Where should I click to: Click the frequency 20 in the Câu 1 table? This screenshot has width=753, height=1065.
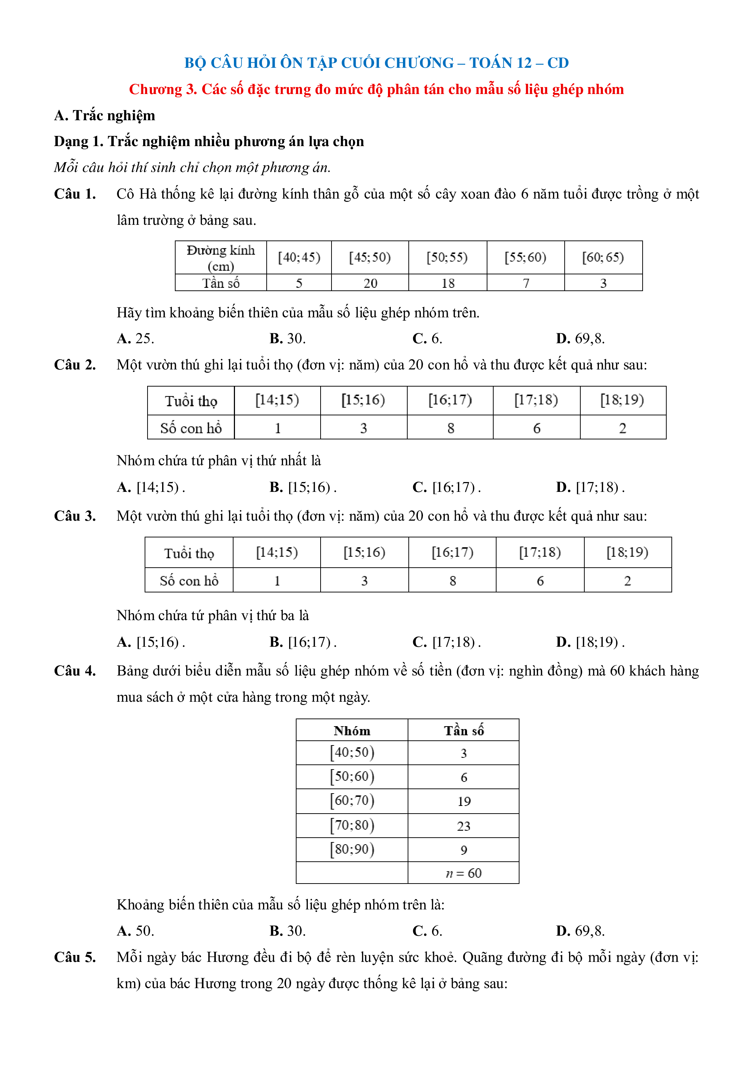[370, 283]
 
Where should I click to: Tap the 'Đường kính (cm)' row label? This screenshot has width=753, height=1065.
[221, 258]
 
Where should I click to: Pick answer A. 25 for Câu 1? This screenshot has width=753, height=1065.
[136, 338]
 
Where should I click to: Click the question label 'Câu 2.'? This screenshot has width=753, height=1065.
[75, 365]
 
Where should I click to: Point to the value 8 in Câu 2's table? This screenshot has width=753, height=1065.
[450, 428]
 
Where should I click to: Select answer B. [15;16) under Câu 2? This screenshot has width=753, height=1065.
[303, 487]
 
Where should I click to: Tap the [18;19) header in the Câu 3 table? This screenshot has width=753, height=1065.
[627, 552]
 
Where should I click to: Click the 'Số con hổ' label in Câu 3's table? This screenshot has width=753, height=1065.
[189, 581]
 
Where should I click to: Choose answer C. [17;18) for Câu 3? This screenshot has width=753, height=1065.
[446, 642]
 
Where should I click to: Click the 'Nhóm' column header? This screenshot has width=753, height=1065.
[352, 731]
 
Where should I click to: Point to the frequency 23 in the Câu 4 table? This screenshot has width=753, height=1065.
[463, 826]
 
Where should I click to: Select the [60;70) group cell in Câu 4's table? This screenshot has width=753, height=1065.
[352, 800]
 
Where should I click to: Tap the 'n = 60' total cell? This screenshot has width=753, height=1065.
[463, 873]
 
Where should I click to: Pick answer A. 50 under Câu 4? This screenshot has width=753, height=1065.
[136, 931]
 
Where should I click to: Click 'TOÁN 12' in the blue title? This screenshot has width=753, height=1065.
[500, 63]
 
